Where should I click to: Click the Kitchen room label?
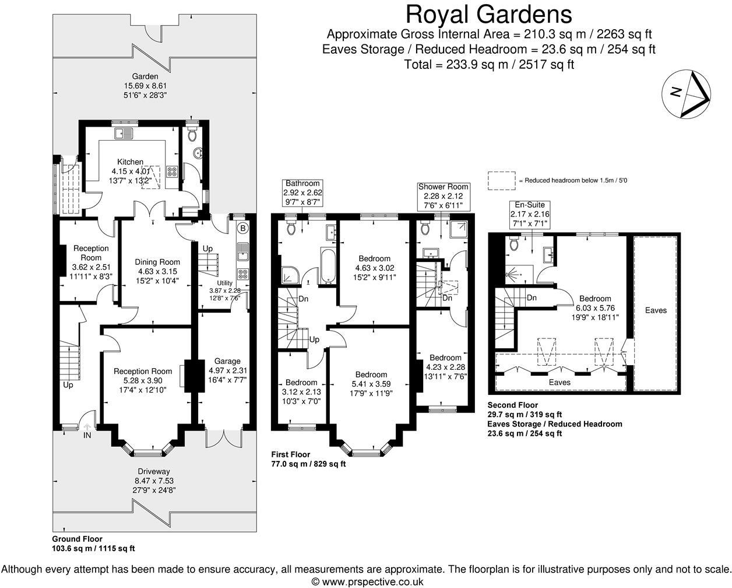pos(130,162)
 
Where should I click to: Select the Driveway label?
pos(154,471)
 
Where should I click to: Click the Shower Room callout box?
pos(444,195)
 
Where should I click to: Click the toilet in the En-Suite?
pos(514,243)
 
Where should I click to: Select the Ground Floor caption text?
pos(77,539)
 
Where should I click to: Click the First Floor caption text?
pos(291,454)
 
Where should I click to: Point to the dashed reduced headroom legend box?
pos(501,180)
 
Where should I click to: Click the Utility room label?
pos(224,282)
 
